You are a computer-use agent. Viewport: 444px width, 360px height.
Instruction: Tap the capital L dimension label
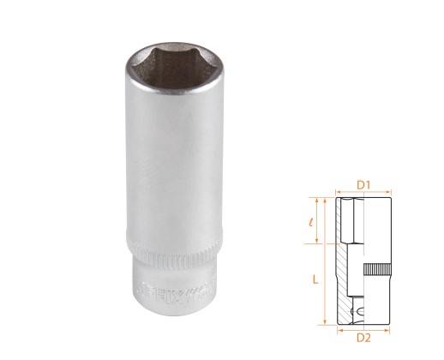click(316, 279)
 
